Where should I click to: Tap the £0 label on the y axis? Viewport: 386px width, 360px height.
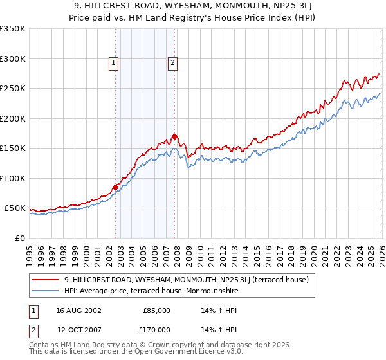(20, 238)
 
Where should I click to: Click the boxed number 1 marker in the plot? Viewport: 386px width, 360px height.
(114, 62)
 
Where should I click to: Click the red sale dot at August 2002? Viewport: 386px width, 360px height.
(116, 187)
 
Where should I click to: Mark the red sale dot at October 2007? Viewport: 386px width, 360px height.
(174, 136)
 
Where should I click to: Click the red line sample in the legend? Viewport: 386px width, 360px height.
(46, 280)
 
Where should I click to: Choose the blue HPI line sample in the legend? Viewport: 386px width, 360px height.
(46, 290)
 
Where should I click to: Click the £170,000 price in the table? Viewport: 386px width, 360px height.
(156, 330)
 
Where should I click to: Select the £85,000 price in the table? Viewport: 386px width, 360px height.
(156, 310)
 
